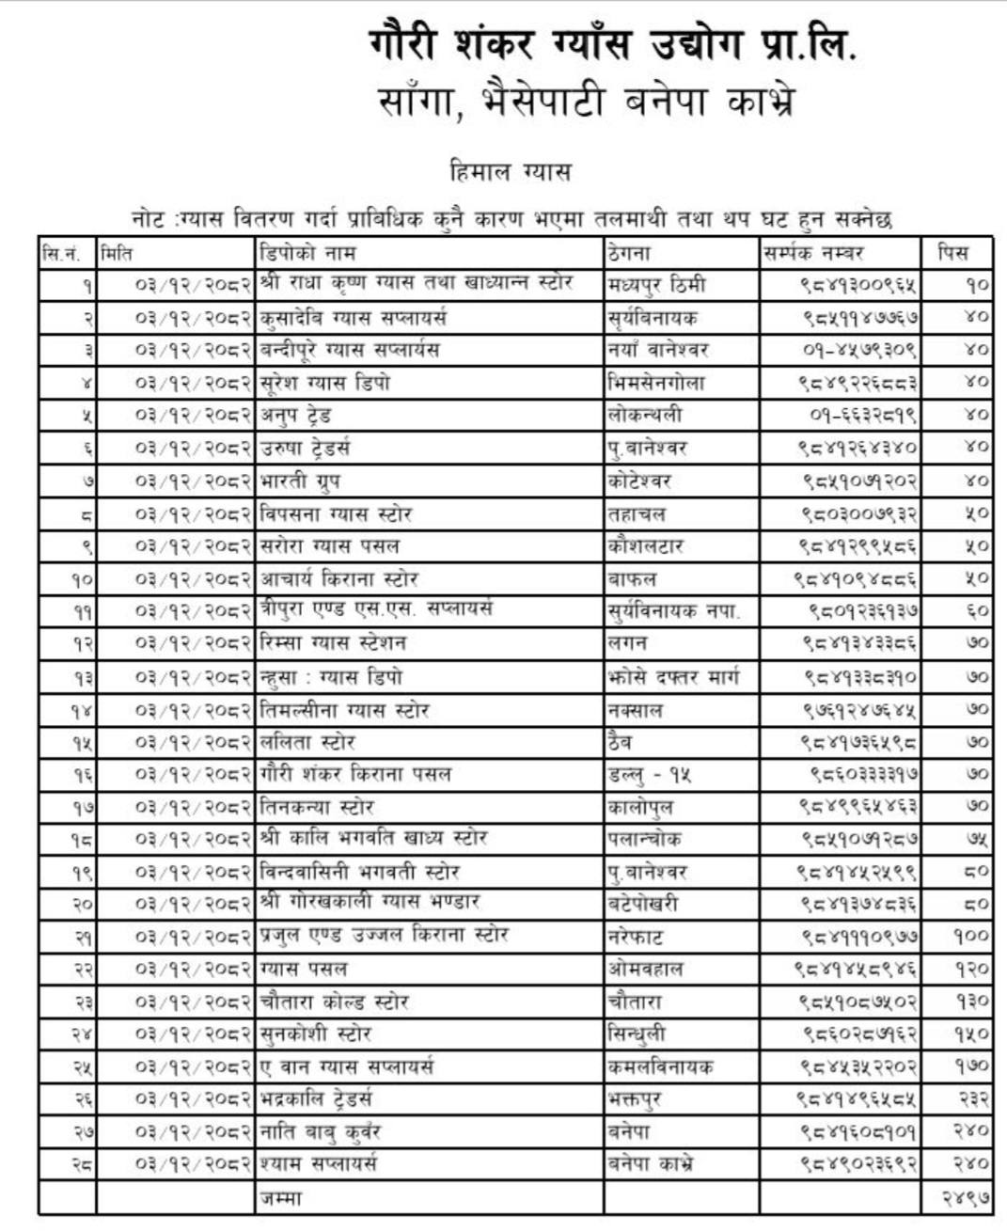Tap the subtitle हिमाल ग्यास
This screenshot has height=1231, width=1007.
[511, 172]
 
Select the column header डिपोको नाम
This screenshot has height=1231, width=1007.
[307, 253]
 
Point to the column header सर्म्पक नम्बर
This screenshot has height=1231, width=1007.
[813, 253]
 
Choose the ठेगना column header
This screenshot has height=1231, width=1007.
[629, 253]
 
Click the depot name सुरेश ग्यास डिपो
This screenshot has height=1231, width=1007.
[324, 383]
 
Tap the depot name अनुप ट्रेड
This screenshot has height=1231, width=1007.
[295, 415]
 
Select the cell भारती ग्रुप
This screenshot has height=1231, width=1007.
[300, 481]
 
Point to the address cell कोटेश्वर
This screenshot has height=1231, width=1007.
[639, 481]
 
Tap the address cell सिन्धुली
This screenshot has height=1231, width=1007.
[637, 1034]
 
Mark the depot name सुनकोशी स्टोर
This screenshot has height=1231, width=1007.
[316, 1034]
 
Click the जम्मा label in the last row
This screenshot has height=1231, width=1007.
[281, 1197]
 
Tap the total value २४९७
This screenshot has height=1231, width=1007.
[966, 1197]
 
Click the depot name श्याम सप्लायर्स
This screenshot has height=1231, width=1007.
[319, 1163]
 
